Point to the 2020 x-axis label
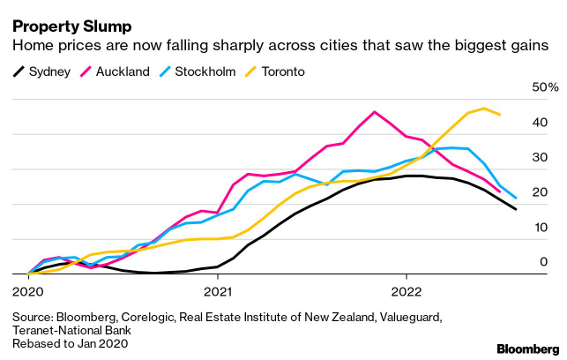(28, 289)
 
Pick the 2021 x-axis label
(218, 289)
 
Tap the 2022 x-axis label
(407, 289)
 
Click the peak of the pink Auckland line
(375, 112)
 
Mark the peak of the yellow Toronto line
(484, 109)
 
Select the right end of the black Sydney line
(516, 209)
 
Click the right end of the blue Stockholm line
(516, 199)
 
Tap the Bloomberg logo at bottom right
(522, 347)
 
